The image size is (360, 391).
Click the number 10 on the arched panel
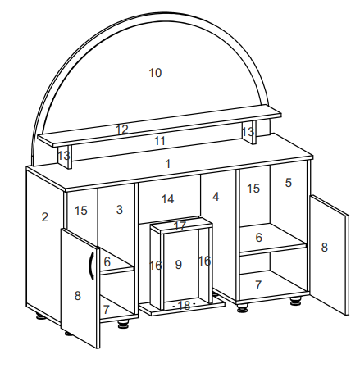point(155,73)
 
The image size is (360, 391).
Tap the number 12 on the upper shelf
point(122,130)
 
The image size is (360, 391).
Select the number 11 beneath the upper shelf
point(160,141)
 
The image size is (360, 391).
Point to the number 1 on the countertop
point(168,164)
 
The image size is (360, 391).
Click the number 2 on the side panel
point(45,217)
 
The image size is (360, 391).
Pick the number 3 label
point(120,210)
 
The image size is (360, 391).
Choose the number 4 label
point(216,197)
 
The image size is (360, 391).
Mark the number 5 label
point(289,183)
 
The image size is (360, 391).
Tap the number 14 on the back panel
point(167,199)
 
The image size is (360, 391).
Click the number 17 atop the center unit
point(180,226)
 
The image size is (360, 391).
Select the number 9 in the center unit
point(179,265)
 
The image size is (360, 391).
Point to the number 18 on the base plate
point(184,305)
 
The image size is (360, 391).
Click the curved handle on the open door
point(90,266)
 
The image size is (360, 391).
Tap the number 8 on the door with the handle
point(78,296)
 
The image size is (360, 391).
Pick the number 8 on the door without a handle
point(324,248)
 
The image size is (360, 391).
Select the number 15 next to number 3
point(81,211)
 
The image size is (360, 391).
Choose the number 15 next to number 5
point(253,189)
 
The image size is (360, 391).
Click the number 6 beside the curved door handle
point(107,261)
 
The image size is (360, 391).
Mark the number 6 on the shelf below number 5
point(258,238)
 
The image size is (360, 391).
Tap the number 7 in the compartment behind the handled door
point(106,310)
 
